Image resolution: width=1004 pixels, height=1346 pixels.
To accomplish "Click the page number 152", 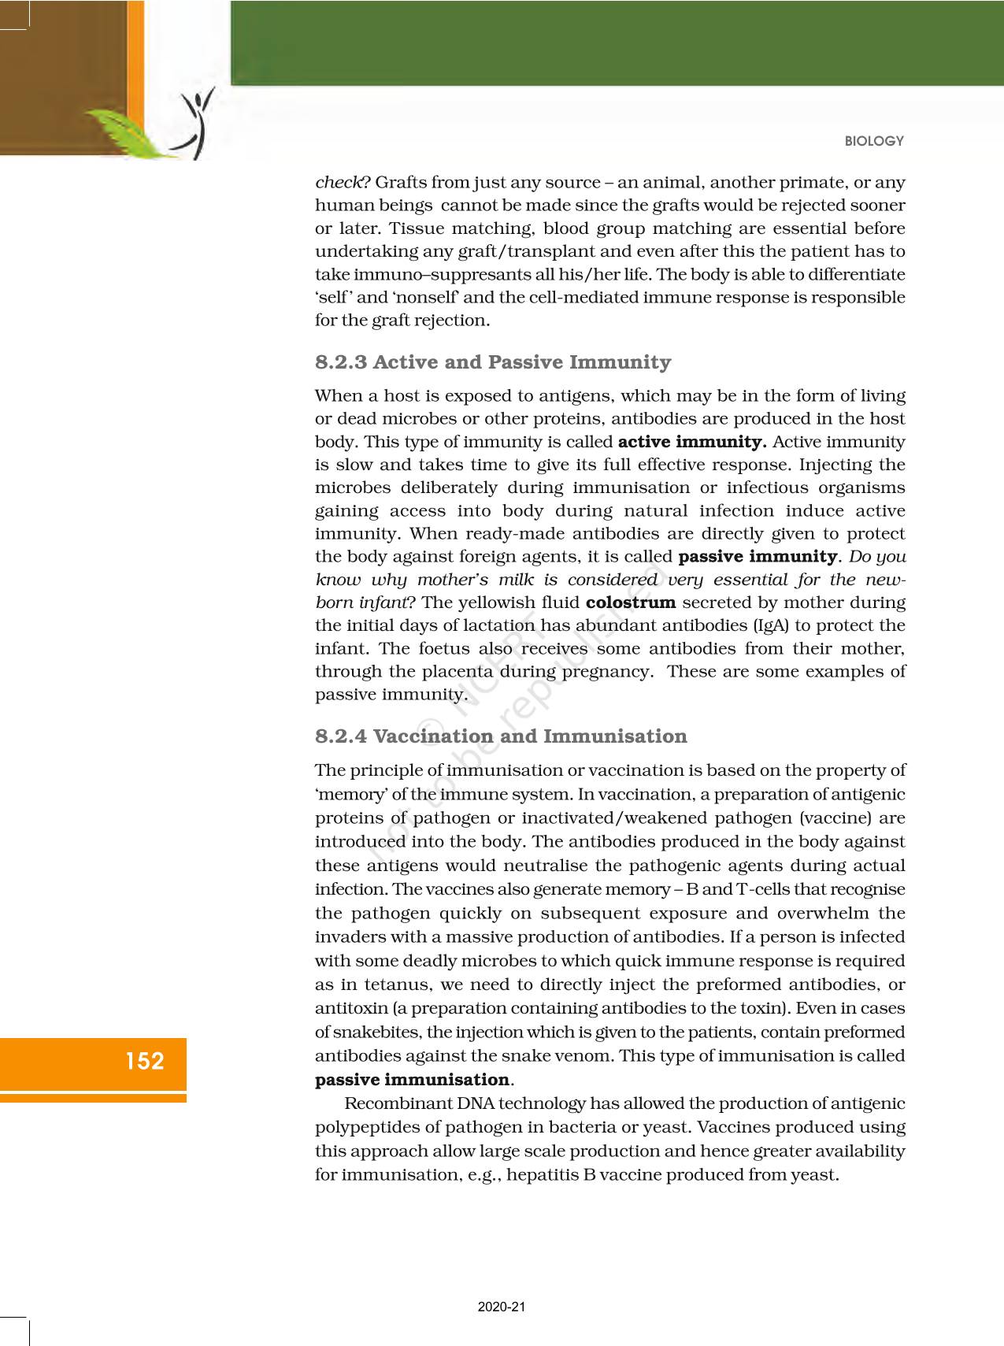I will (145, 1061).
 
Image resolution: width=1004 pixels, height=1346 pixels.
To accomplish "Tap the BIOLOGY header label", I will (874, 141).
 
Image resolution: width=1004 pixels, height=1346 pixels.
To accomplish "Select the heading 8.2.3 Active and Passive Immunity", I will (493, 362).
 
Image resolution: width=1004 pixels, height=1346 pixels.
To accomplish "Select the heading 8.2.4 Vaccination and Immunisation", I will (501, 736).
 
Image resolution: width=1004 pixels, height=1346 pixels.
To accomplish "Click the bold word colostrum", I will (631, 603).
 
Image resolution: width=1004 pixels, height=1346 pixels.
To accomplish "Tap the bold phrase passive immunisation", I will (413, 1079).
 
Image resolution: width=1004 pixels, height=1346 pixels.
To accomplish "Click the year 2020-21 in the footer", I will (502, 1307).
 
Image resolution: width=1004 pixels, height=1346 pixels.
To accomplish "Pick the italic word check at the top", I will (339, 183).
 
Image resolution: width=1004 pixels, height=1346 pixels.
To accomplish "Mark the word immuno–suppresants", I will (419, 275).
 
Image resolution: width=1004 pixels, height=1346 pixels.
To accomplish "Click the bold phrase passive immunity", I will (757, 557).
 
